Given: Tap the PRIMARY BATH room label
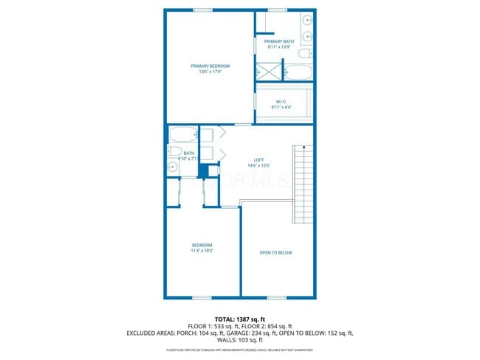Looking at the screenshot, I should (x=284, y=41).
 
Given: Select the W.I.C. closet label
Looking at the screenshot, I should (x=281, y=101).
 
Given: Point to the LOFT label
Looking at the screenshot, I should (x=258, y=160).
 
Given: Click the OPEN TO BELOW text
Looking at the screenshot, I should (x=275, y=253).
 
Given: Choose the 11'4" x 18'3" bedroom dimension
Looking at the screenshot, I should (x=202, y=251).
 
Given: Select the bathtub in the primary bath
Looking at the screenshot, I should (x=298, y=72).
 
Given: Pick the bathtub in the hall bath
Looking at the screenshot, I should (x=182, y=134).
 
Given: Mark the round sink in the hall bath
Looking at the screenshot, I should (x=175, y=166).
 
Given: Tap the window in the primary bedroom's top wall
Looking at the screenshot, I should (x=202, y=10).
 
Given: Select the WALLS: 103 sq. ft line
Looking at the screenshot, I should (x=240, y=341).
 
